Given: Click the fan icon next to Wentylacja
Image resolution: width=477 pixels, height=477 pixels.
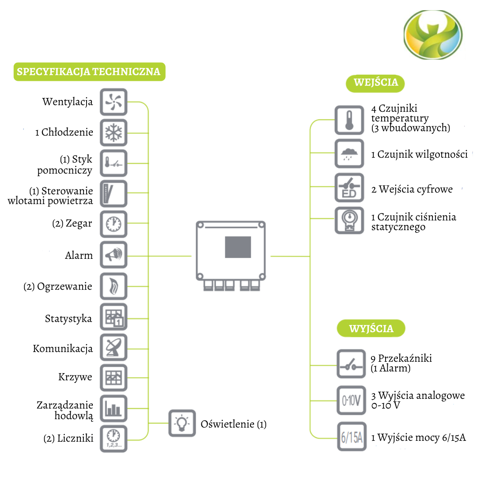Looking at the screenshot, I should (x=114, y=102).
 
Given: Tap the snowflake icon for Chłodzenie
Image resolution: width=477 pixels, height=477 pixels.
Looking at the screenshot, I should (x=114, y=132).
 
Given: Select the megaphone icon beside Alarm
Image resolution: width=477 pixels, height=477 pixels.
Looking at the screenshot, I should (x=114, y=255).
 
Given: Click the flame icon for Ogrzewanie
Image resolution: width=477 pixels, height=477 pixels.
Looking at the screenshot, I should (x=114, y=286).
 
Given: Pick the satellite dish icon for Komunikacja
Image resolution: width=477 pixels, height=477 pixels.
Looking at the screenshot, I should (x=114, y=348).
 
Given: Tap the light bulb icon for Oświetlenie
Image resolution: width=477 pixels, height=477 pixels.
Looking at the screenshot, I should (x=182, y=423).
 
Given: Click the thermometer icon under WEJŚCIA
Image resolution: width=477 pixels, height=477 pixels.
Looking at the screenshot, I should (x=349, y=120).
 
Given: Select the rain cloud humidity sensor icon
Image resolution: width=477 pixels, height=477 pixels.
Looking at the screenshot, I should (x=349, y=154).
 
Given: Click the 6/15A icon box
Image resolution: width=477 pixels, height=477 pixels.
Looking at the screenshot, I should (x=352, y=437).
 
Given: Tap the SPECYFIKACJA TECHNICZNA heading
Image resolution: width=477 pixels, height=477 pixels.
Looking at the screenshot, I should (x=89, y=72).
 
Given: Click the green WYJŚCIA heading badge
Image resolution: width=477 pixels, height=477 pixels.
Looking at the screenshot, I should (x=371, y=329).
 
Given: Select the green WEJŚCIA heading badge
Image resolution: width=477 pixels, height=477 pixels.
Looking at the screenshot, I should (x=375, y=83).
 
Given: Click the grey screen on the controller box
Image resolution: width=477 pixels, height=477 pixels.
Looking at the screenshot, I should (x=238, y=247).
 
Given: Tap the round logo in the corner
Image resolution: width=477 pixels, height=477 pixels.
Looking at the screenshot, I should (x=433, y=35).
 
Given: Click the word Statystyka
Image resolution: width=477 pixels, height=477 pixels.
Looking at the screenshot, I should (x=68, y=318).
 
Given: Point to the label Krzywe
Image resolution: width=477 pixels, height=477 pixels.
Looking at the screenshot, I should (x=75, y=377).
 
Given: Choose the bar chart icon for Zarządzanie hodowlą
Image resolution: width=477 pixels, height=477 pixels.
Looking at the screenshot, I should (x=114, y=409).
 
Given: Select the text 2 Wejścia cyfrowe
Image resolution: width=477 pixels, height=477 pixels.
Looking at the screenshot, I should (x=412, y=189).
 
